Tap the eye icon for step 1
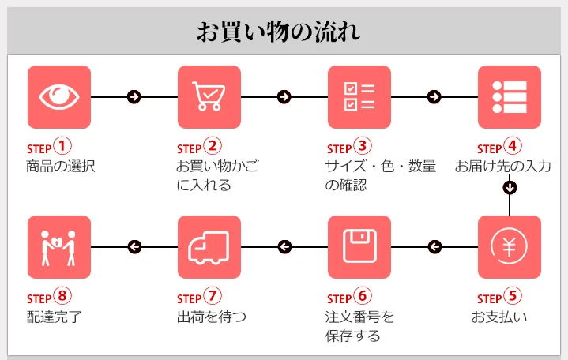(59, 96)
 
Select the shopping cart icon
(209, 96)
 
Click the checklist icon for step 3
(359, 96)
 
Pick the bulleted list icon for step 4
(509, 96)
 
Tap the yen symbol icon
(509, 246)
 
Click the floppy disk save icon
(359, 246)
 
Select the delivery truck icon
(209, 246)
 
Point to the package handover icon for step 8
(59, 246)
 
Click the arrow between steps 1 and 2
(134, 97)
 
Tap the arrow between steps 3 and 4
(434, 97)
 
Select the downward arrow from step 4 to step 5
(510, 188)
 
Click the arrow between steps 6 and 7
(284, 247)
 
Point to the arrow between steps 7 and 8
(134, 247)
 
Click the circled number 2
(212, 147)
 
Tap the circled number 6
(362, 297)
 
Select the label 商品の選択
(61, 167)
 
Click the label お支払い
(499, 317)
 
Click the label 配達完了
(54, 317)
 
